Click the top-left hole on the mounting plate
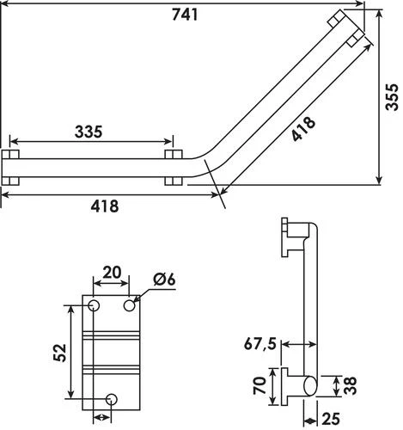coord(94,306)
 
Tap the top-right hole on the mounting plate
coord(130,305)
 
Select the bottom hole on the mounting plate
coord(112,397)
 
